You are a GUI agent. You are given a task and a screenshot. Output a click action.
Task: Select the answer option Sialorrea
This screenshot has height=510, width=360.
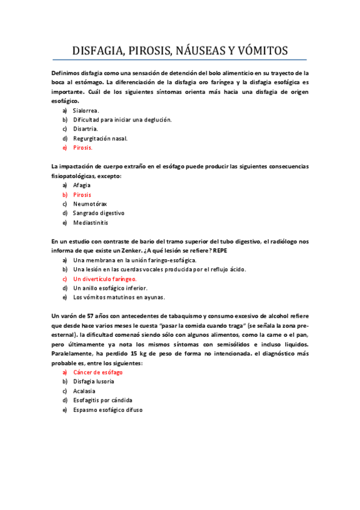[x=86, y=111]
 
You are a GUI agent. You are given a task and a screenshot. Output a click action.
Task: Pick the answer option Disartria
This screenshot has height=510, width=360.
[x=85, y=129]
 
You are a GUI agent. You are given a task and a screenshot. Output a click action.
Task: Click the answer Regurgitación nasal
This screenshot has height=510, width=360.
[x=100, y=138]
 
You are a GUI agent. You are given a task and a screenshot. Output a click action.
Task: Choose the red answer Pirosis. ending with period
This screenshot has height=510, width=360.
[x=83, y=147]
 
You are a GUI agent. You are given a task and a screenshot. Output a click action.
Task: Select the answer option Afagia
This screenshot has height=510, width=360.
[x=82, y=185]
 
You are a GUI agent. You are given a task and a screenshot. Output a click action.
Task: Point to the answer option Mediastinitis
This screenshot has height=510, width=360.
[x=91, y=222]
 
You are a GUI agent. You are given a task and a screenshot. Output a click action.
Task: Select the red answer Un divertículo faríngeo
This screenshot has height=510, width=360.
[x=105, y=279]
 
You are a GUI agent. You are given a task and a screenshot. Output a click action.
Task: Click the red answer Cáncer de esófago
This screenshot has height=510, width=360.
[x=99, y=372]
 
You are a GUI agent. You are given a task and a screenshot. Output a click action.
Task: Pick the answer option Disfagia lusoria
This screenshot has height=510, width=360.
[x=94, y=382]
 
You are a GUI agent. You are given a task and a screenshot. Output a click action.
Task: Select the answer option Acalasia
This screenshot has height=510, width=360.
[x=84, y=391]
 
